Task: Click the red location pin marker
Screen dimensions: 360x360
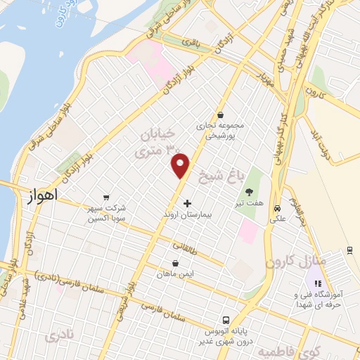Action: click(x=181, y=165)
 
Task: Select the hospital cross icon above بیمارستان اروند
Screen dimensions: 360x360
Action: click(x=186, y=204)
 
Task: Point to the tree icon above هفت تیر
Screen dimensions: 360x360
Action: click(x=249, y=191)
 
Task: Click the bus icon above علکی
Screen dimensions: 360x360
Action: click(x=278, y=208)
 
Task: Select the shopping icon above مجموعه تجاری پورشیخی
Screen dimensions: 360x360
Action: click(x=221, y=115)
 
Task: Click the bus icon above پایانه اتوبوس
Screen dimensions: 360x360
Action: click(x=225, y=319)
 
